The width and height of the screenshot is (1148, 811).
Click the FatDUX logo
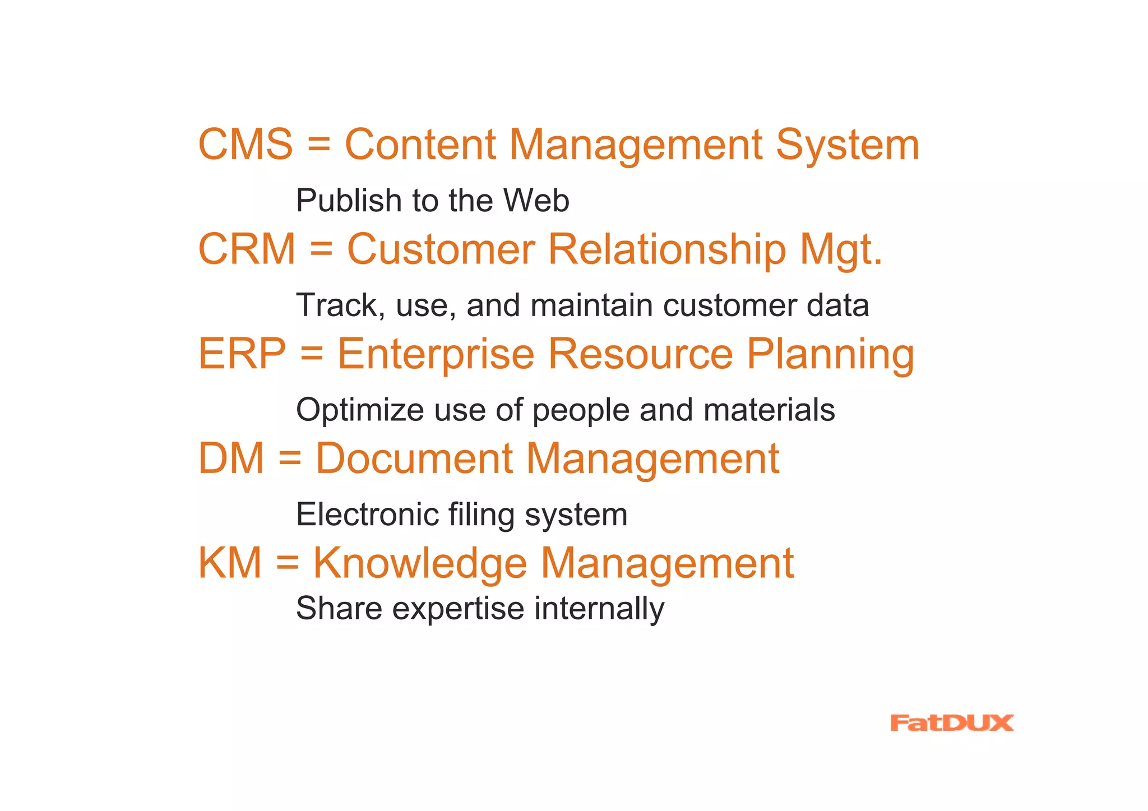951,723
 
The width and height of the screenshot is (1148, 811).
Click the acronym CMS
246,144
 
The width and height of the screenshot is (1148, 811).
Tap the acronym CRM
247,249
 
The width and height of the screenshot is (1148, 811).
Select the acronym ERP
242,354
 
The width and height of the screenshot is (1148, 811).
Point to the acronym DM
231,458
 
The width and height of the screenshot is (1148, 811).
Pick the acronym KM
230,563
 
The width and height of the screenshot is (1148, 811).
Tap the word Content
420,144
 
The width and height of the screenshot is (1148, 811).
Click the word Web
536,201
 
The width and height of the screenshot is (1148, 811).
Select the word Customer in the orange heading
441,249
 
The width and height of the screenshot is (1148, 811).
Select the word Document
414,458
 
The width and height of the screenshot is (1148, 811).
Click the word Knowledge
420,563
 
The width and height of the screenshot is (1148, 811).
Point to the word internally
599,609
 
